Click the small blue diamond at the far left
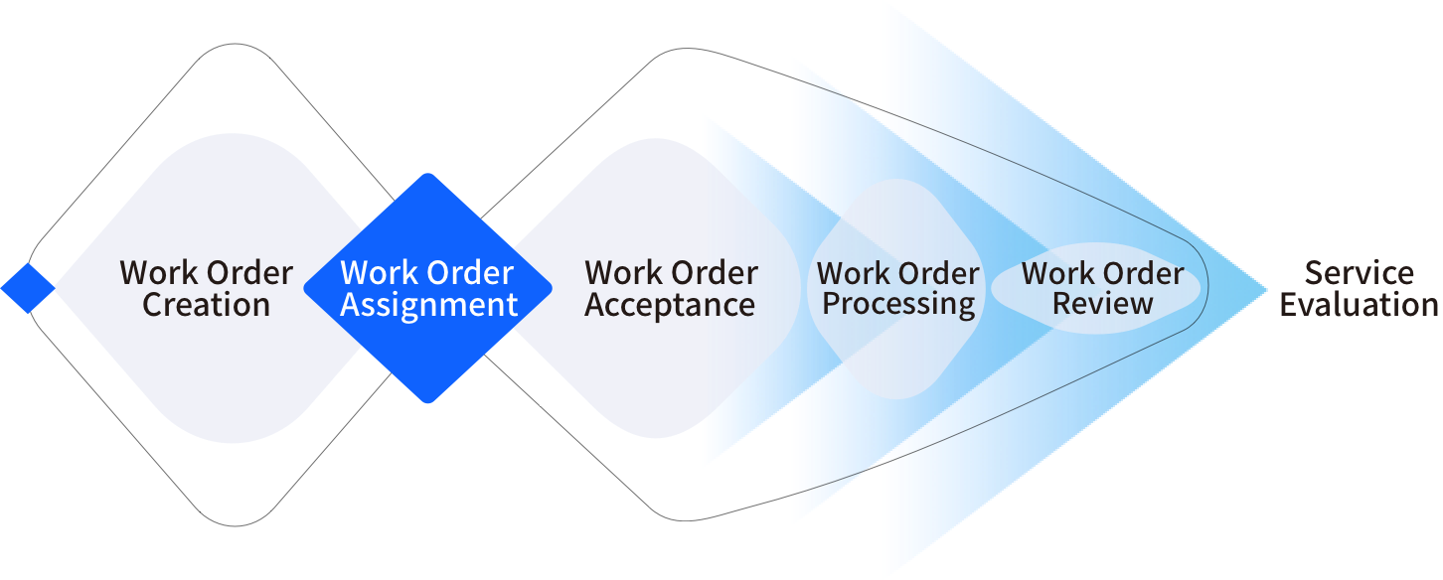27,289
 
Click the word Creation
206,305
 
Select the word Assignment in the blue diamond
428,305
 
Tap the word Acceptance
670,305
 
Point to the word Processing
898,303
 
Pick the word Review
1102,303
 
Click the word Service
1359,273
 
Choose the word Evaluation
1359,305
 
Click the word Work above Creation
160,273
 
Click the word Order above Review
1144,272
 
